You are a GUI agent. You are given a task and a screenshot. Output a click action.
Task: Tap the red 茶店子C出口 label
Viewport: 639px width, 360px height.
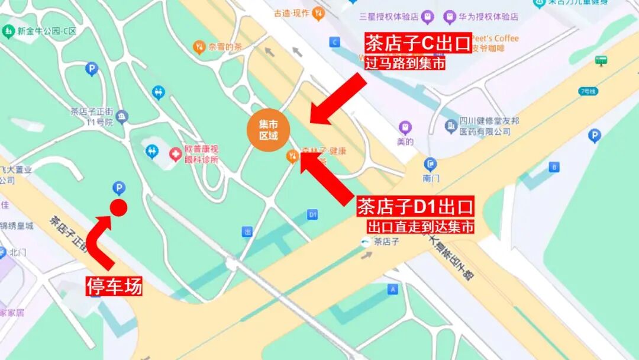[x=418, y=43]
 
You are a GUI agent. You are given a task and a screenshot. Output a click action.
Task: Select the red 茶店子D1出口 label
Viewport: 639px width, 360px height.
[x=416, y=207]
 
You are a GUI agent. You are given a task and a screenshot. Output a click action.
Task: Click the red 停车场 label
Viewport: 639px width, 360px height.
[x=114, y=287]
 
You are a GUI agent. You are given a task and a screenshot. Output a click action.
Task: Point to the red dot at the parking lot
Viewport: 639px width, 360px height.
[x=118, y=207]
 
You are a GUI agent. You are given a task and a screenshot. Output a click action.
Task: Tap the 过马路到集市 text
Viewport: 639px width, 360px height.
[x=405, y=63]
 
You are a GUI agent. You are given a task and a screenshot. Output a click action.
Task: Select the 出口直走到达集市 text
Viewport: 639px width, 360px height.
[x=421, y=226]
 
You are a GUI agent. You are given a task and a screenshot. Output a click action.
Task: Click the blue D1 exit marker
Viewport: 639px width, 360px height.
[x=313, y=214]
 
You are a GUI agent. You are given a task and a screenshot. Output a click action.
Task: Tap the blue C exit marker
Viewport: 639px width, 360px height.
[x=335, y=41]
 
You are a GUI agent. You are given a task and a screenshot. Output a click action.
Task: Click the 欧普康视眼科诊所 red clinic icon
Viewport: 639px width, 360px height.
[x=175, y=155]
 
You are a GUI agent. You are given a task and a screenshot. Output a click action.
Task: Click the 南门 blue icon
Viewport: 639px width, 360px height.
[x=430, y=164]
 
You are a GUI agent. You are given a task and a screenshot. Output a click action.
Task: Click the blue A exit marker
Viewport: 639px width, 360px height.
[x=392, y=289]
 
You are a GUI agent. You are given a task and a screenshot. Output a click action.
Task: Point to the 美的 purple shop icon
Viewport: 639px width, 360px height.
[x=405, y=127]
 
